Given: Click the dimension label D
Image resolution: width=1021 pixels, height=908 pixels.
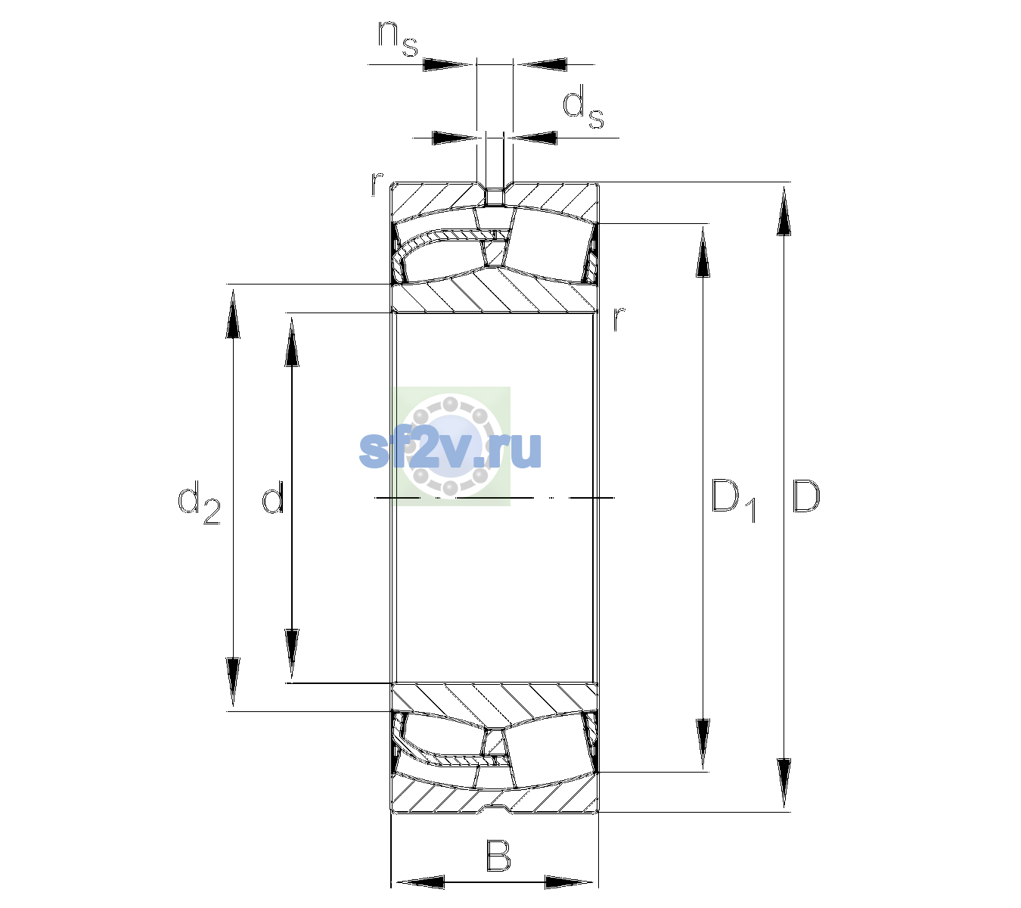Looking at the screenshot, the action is tap(805, 496).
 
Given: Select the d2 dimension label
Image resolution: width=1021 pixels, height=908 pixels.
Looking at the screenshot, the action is tap(199, 502).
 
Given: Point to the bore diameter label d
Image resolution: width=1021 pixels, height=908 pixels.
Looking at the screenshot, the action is tap(272, 497).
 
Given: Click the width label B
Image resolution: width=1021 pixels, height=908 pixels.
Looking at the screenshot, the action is tap(498, 856).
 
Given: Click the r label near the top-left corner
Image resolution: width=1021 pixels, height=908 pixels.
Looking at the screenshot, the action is tap(377, 184).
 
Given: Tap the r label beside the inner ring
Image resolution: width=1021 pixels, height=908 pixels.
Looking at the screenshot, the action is tap(619, 319).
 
